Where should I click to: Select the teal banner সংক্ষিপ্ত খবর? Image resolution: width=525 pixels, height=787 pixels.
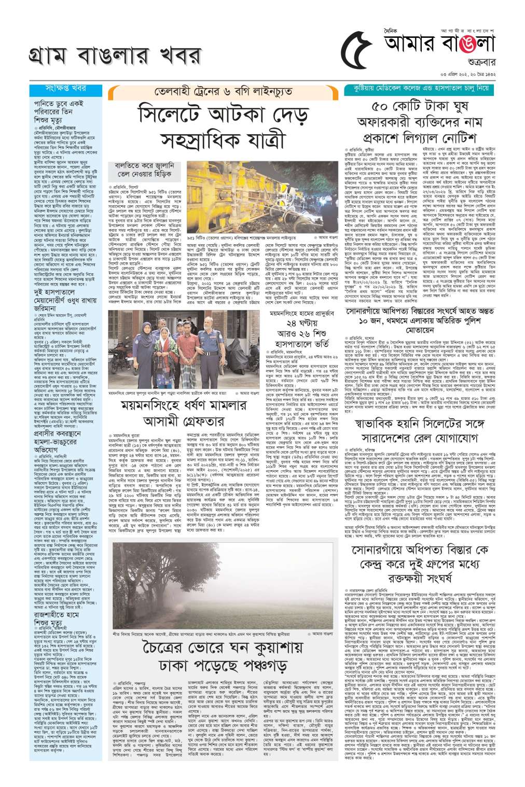pos(66,89)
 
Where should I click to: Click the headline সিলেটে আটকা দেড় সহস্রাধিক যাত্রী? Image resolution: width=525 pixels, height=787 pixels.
pos(223,127)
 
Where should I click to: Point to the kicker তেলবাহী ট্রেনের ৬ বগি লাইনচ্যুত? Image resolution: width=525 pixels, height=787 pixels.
pos(223,92)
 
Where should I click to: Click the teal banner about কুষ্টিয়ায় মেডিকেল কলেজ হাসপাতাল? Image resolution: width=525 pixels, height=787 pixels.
pos(425,89)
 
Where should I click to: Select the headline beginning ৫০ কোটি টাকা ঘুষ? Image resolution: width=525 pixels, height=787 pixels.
pos(424,122)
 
